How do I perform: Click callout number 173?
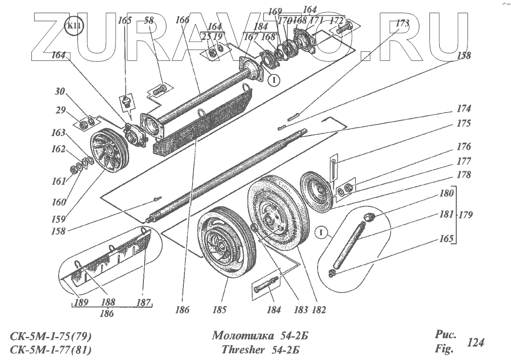point(402,24)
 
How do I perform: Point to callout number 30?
point(60,92)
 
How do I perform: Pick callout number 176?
point(463,147)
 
